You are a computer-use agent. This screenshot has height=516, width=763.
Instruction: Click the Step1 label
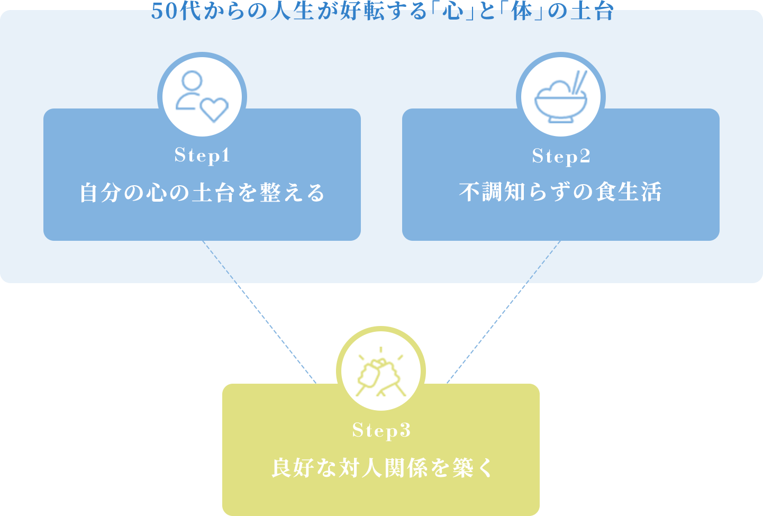[x=202, y=155]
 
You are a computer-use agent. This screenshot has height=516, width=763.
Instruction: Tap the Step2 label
[x=561, y=156]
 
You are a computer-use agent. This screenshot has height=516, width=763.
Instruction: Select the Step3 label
[x=381, y=431]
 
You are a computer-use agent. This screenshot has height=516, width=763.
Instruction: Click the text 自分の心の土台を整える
[x=202, y=193]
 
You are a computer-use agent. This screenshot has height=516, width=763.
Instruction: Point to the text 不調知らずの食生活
[x=560, y=192]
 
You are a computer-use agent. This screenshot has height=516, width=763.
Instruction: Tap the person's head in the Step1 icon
[x=192, y=82]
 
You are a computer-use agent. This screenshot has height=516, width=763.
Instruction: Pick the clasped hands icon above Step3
[x=380, y=372]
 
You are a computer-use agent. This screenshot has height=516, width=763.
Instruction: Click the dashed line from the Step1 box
[x=259, y=312]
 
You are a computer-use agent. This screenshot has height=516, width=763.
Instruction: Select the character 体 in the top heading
[x=522, y=11]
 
